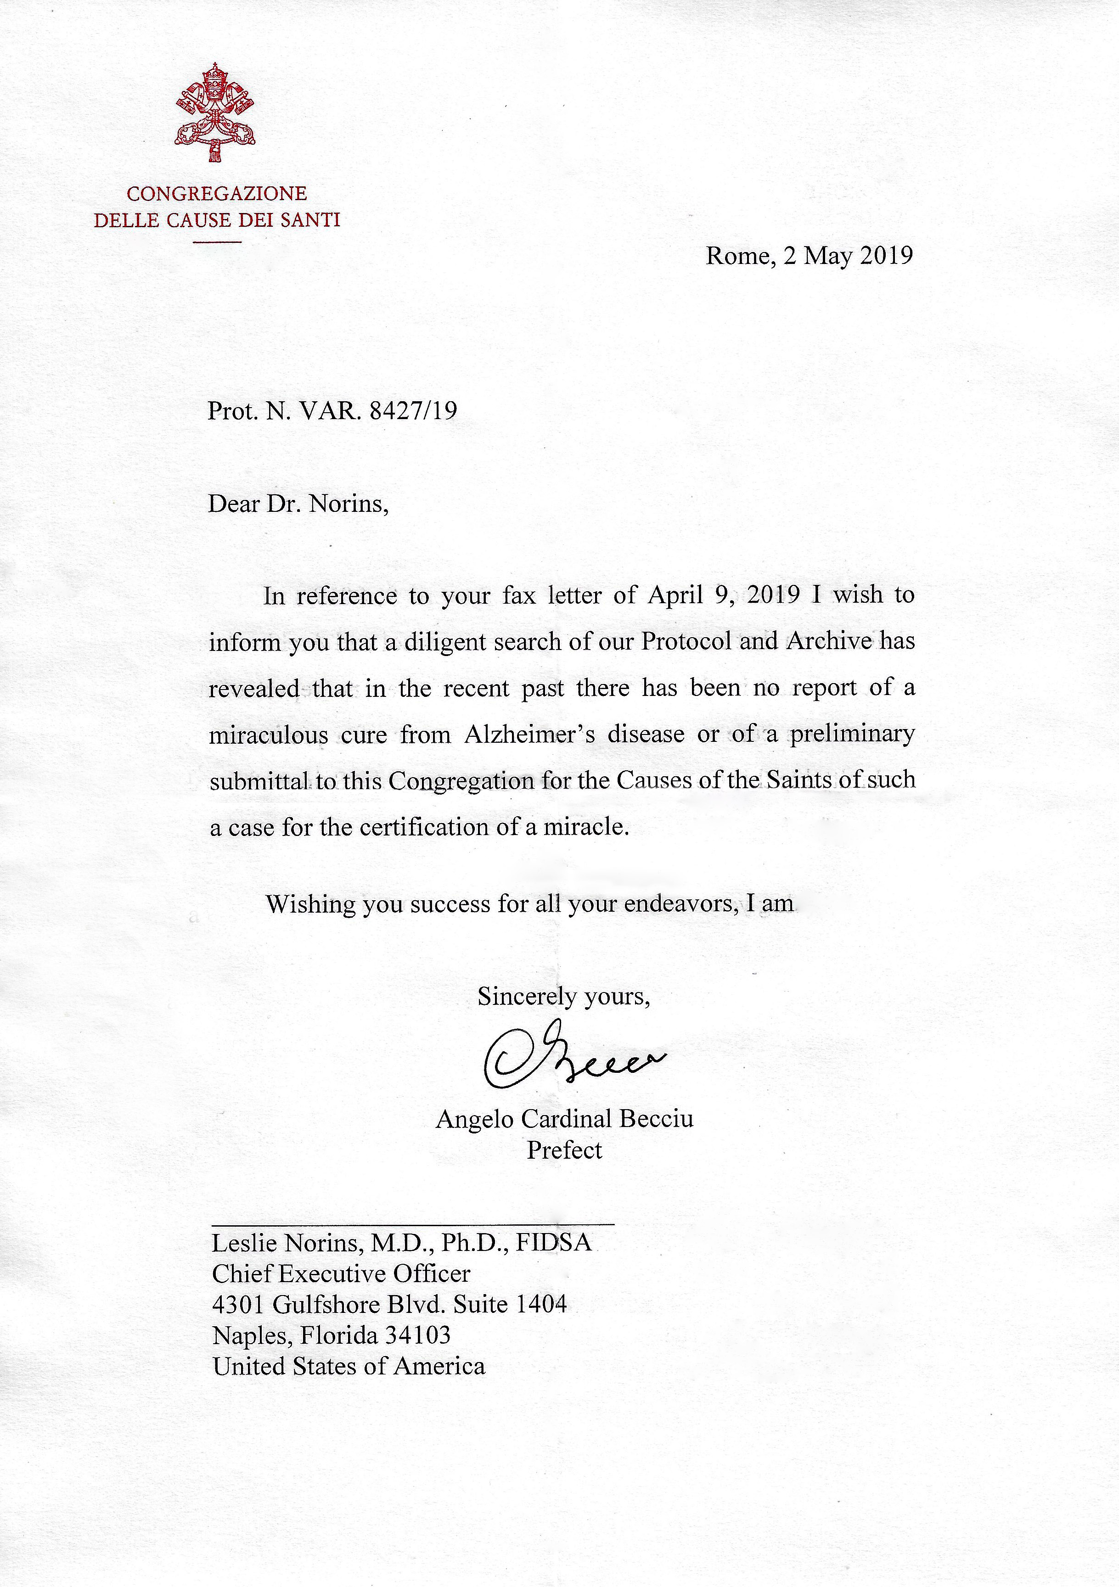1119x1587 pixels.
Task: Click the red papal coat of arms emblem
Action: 215,113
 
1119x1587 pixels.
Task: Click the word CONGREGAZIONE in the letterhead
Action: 216,194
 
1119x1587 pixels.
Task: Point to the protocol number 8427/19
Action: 413,411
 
